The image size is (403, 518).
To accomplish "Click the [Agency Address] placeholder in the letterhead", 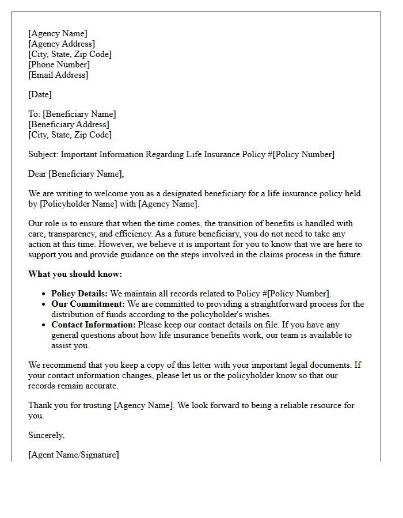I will (x=62, y=44).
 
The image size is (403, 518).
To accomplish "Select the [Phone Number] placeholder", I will (x=59, y=64).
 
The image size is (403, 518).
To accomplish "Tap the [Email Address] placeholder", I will (x=58, y=75).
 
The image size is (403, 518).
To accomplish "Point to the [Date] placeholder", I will (x=40, y=94).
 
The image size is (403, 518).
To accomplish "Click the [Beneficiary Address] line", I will (x=69, y=124).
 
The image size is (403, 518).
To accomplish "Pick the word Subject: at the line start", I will (x=43, y=154).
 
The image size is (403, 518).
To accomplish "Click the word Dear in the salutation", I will (x=37, y=174).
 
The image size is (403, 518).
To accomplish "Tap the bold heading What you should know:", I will (x=75, y=274).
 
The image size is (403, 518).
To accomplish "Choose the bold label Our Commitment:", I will (x=88, y=304).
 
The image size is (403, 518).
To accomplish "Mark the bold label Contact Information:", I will (x=93, y=325).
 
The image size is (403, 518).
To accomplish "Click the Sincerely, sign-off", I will (x=47, y=435).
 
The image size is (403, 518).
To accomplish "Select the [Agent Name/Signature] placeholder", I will (x=74, y=455).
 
